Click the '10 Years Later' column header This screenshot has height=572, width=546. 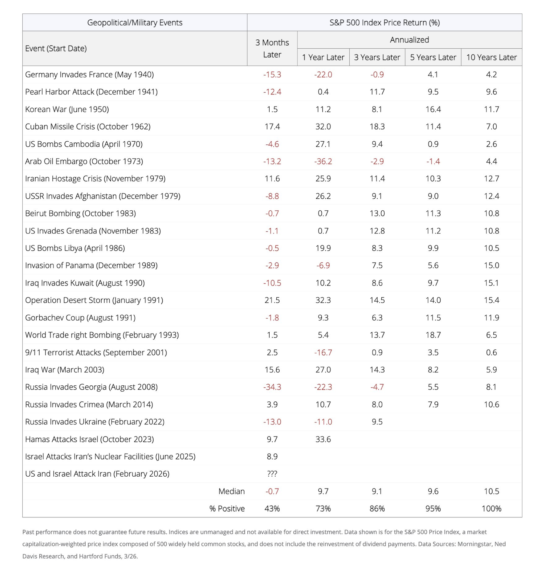pos(491,57)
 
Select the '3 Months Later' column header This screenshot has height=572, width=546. pos(272,49)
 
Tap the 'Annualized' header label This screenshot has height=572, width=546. pos(409,40)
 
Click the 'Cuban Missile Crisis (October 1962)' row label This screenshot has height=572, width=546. pos(88,126)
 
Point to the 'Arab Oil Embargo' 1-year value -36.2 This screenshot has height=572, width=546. pos(323,161)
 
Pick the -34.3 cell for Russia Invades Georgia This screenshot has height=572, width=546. pos(272,387)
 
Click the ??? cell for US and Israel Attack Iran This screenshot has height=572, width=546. pos(272,474)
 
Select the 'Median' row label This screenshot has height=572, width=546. pos(231,491)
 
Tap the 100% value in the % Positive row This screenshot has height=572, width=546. pos(491,509)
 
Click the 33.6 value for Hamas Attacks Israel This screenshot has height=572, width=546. pos(323,439)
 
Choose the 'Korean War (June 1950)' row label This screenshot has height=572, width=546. pos(67,109)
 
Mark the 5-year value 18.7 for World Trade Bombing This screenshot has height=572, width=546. pos(433,335)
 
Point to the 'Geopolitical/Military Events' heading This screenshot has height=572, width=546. pos(135,23)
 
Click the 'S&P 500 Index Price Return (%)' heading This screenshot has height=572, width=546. pos(384,23)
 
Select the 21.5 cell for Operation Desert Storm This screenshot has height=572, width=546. pos(272,300)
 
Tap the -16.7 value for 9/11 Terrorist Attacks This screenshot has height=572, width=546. pos(323,352)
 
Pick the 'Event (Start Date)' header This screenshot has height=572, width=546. pos(56,49)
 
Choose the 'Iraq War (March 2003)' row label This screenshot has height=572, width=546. pos(65,370)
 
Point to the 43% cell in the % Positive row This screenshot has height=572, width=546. pos(272,509)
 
